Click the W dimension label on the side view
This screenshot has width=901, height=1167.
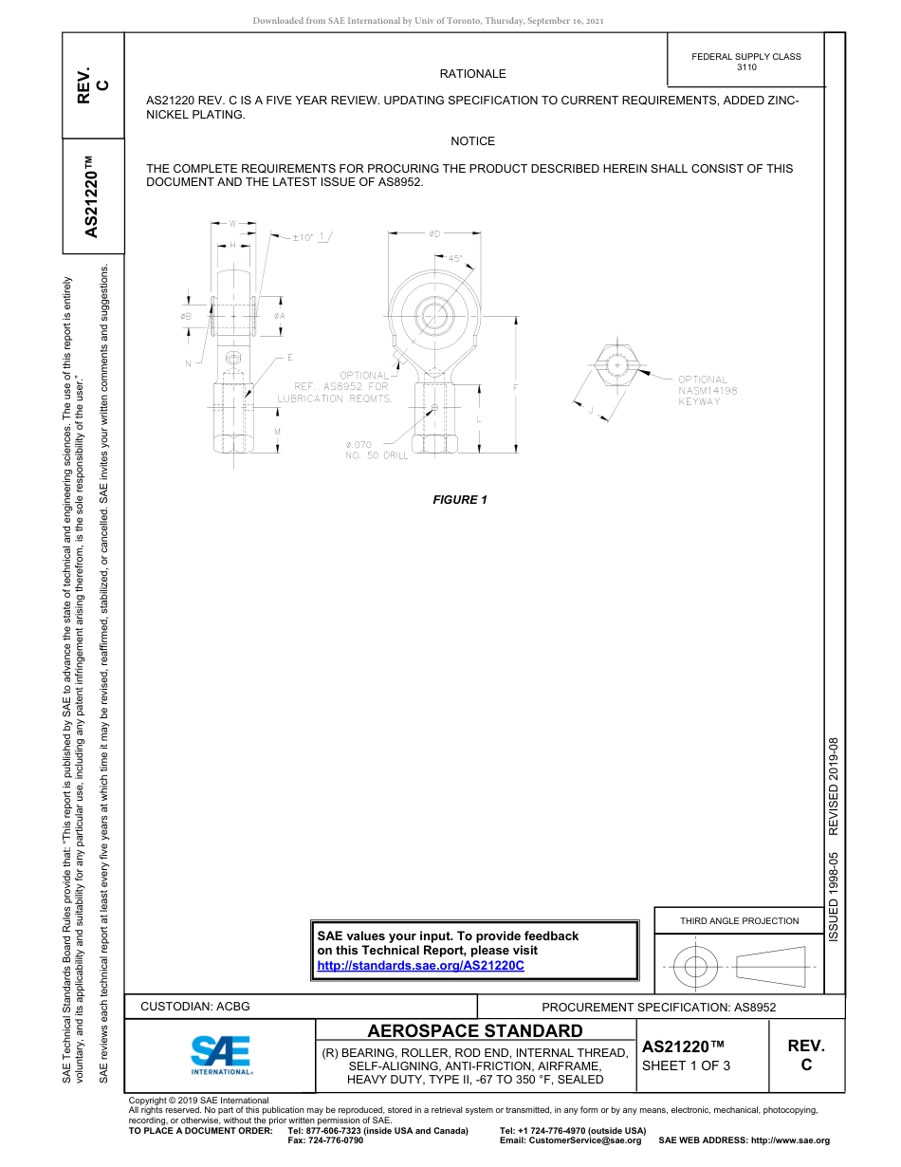(x=231, y=224)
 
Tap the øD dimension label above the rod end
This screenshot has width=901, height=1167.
(x=433, y=233)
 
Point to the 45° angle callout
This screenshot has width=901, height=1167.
(x=454, y=258)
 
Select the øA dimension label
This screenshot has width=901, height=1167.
(x=279, y=315)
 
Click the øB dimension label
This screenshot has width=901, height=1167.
(x=186, y=315)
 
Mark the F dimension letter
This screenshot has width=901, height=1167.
(x=516, y=387)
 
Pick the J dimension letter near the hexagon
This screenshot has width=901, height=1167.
(x=591, y=411)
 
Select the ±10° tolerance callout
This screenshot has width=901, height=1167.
(x=303, y=237)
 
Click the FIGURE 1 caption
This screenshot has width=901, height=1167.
(x=460, y=500)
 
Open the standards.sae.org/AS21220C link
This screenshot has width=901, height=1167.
(x=420, y=965)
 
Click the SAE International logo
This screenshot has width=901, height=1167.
(x=220, y=1052)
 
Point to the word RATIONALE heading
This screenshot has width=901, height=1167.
(x=472, y=74)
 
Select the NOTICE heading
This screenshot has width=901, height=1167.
(x=472, y=141)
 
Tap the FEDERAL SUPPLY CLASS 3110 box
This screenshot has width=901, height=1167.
(x=745, y=62)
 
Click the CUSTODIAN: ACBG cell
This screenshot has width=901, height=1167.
(x=195, y=1006)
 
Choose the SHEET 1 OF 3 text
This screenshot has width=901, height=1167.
(x=686, y=1065)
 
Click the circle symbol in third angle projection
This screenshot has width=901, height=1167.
(x=696, y=967)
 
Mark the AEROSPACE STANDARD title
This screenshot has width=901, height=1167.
(x=475, y=1030)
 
